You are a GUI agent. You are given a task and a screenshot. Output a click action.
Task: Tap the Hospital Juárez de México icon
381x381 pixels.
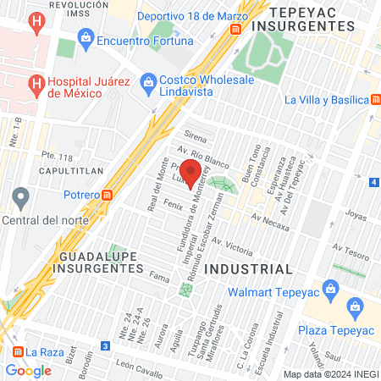(36, 84)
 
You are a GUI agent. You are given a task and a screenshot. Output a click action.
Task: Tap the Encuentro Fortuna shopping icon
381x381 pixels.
(86, 37)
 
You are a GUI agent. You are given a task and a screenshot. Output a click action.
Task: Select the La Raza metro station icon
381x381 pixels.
(15, 351)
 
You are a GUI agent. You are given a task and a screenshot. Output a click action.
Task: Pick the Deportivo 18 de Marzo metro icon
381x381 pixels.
(235, 28)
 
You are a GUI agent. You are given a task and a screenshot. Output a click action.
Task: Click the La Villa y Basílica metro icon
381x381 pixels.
(373, 99)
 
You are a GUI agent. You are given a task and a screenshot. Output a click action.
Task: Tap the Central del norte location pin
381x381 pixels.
(21, 199)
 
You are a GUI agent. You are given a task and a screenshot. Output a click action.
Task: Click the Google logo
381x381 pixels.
(29, 370)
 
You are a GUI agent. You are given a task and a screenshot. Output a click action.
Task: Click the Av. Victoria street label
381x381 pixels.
(234, 246)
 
